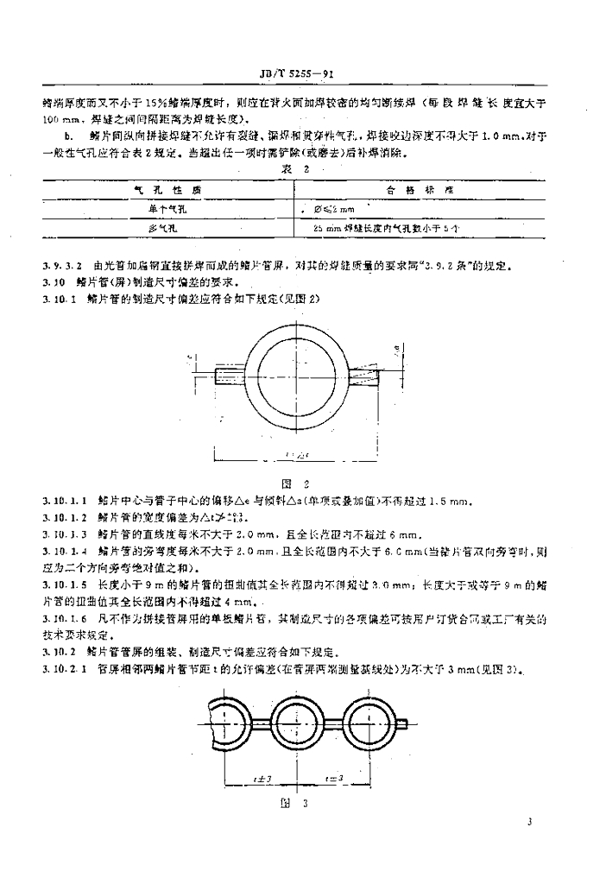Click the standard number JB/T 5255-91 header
click(302, 75)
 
